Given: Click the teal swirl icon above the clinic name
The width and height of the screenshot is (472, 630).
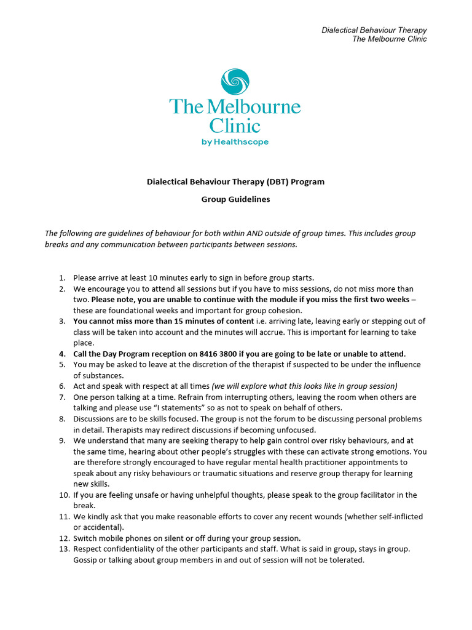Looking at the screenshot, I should tap(235, 82).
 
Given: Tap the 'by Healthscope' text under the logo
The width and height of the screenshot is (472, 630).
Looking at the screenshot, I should tap(235, 142).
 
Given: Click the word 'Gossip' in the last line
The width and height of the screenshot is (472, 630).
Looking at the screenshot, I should tap(86, 560).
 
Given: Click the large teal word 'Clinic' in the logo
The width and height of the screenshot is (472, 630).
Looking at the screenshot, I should tap(235, 126).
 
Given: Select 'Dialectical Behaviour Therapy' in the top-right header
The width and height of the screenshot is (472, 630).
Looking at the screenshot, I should tap(374, 30).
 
